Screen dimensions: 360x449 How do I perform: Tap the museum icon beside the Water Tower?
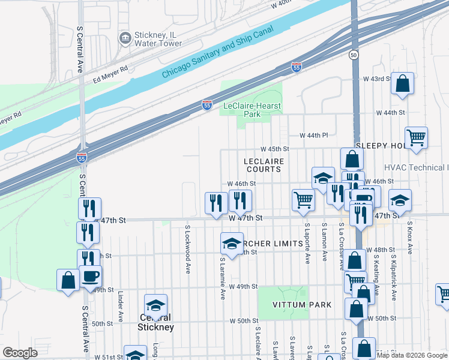[125, 39]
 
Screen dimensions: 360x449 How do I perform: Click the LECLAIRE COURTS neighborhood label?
[263, 165]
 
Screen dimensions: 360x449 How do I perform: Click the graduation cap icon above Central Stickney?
[155, 305]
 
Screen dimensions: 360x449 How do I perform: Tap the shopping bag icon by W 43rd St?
[402, 84]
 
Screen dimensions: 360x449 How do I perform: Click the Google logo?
[20, 353]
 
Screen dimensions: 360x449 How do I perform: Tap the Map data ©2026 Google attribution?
[412, 355]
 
